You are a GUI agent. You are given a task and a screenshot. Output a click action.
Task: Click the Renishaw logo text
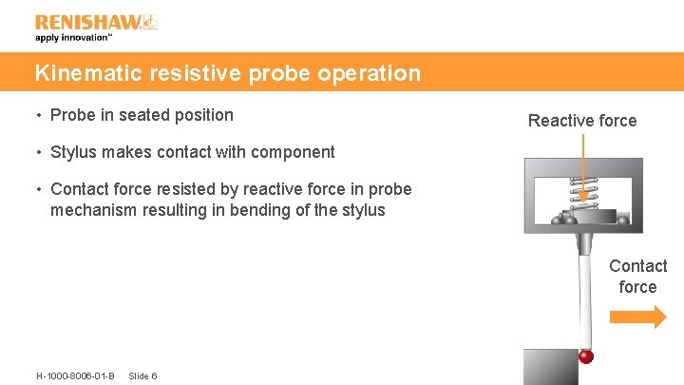click(88, 22)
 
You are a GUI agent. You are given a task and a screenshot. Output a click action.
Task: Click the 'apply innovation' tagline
click(73, 39)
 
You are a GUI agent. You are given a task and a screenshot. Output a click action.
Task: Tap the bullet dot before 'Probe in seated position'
click(39, 116)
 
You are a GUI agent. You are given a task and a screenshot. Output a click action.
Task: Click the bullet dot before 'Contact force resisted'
click(39, 190)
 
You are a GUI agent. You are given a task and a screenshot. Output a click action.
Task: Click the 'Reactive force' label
click(582, 121)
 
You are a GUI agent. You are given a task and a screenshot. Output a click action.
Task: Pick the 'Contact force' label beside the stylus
click(637, 277)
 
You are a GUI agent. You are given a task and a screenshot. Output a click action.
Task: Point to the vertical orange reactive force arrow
click(583, 166)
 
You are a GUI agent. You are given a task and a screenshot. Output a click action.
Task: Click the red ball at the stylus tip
click(586, 356)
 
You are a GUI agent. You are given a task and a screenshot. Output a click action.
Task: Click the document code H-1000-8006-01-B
click(75, 375)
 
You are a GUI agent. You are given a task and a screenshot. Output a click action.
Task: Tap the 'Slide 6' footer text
click(142, 375)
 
